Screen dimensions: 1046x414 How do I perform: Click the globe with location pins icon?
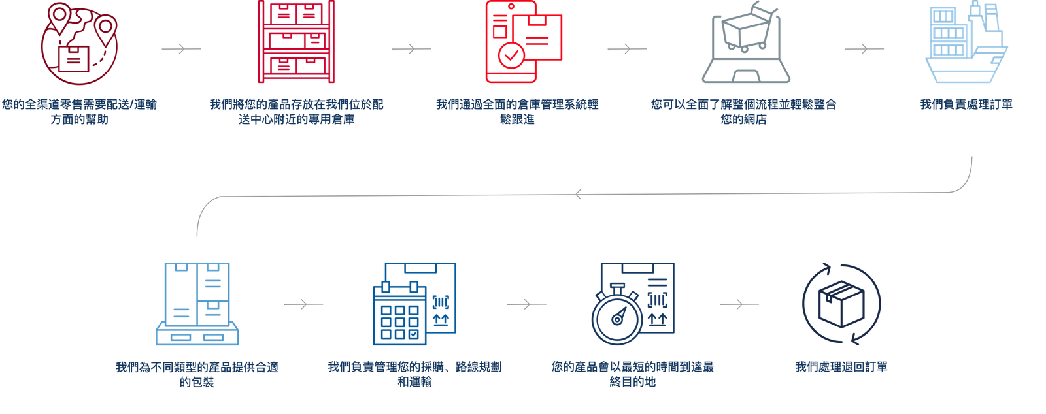(x=79, y=44)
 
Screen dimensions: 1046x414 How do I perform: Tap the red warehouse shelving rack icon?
(x=296, y=42)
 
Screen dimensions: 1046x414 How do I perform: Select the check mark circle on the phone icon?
(x=511, y=56)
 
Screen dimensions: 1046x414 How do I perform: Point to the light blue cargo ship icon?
(x=966, y=42)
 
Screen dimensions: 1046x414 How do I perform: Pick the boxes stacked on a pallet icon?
(x=197, y=304)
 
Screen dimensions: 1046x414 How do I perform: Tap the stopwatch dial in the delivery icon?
(x=617, y=319)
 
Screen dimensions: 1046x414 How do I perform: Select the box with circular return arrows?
(x=841, y=304)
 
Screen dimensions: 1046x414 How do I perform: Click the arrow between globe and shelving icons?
(x=181, y=48)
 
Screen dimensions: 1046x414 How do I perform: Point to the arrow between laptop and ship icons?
(x=864, y=48)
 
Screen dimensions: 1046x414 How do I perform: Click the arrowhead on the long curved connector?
(x=578, y=194)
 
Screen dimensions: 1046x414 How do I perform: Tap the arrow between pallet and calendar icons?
(x=303, y=304)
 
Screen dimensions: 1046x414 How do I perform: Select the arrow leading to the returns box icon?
(x=739, y=304)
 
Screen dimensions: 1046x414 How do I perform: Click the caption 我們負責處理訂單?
(x=966, y=104)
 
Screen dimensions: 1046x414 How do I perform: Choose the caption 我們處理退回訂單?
(x=841, y=367)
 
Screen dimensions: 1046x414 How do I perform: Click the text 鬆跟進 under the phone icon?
(x=517, y=119)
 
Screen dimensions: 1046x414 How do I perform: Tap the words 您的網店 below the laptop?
(x=743, y=119)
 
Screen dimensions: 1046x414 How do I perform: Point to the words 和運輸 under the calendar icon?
(x=414, y=382)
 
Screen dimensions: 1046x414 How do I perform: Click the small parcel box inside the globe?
(x=74, y=59)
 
